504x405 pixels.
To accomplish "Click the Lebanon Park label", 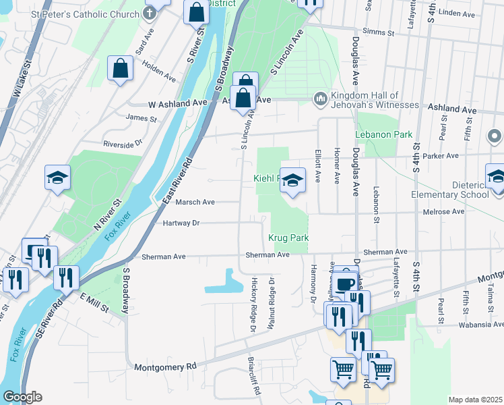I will [x=384, y=134].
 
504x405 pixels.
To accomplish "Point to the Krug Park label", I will [x=288, y=238].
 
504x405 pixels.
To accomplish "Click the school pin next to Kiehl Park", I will [x=292, y=181].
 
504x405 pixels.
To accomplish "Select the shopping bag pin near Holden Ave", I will [x=120, y=68].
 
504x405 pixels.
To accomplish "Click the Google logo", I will [x=22, y=397].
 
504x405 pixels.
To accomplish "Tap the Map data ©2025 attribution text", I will [x=474, y=400].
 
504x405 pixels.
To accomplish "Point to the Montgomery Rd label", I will [x=165, y=367].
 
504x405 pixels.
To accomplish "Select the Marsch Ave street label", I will [x=195, y=202].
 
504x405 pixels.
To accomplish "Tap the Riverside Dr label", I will [x=123, y=143].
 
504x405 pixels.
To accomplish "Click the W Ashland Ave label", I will [x=177, y=104].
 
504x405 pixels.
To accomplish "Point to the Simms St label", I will [x=377, y=32].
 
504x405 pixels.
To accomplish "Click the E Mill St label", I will [x=95, y=303].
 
